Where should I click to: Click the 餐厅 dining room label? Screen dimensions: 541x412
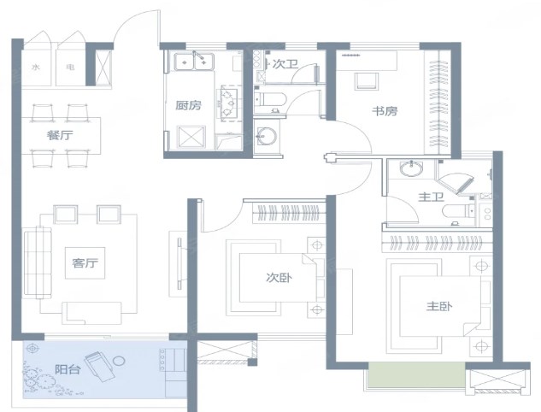point(60,135)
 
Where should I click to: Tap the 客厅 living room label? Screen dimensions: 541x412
point(85,263)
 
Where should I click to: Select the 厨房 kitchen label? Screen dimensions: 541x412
point(188,105)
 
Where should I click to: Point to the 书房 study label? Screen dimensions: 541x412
point(385,111)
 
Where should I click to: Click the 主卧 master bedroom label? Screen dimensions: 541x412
point(439,306)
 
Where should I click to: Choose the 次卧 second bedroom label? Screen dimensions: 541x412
point(279,278)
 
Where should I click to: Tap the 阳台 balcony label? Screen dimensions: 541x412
point(68,369)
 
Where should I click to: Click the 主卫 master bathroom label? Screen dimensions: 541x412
point(431,197)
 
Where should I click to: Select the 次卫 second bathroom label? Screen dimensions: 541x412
point(285,64)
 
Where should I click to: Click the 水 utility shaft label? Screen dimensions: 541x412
point(36,68)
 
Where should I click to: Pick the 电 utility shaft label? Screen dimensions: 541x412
point(70,68)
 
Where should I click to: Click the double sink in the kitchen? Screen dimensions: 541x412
point(194,62)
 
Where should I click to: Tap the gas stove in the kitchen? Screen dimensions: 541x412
point(227,103)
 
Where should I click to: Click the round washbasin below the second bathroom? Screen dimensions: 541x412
point(267,137)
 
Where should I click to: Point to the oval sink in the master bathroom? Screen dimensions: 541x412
point(411,169)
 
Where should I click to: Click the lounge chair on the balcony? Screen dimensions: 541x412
point(100,367)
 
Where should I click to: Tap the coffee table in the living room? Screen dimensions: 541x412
point(85,263)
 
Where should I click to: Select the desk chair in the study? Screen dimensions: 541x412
point(367,81)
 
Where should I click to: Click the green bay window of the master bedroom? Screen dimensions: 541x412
point(417,374)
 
